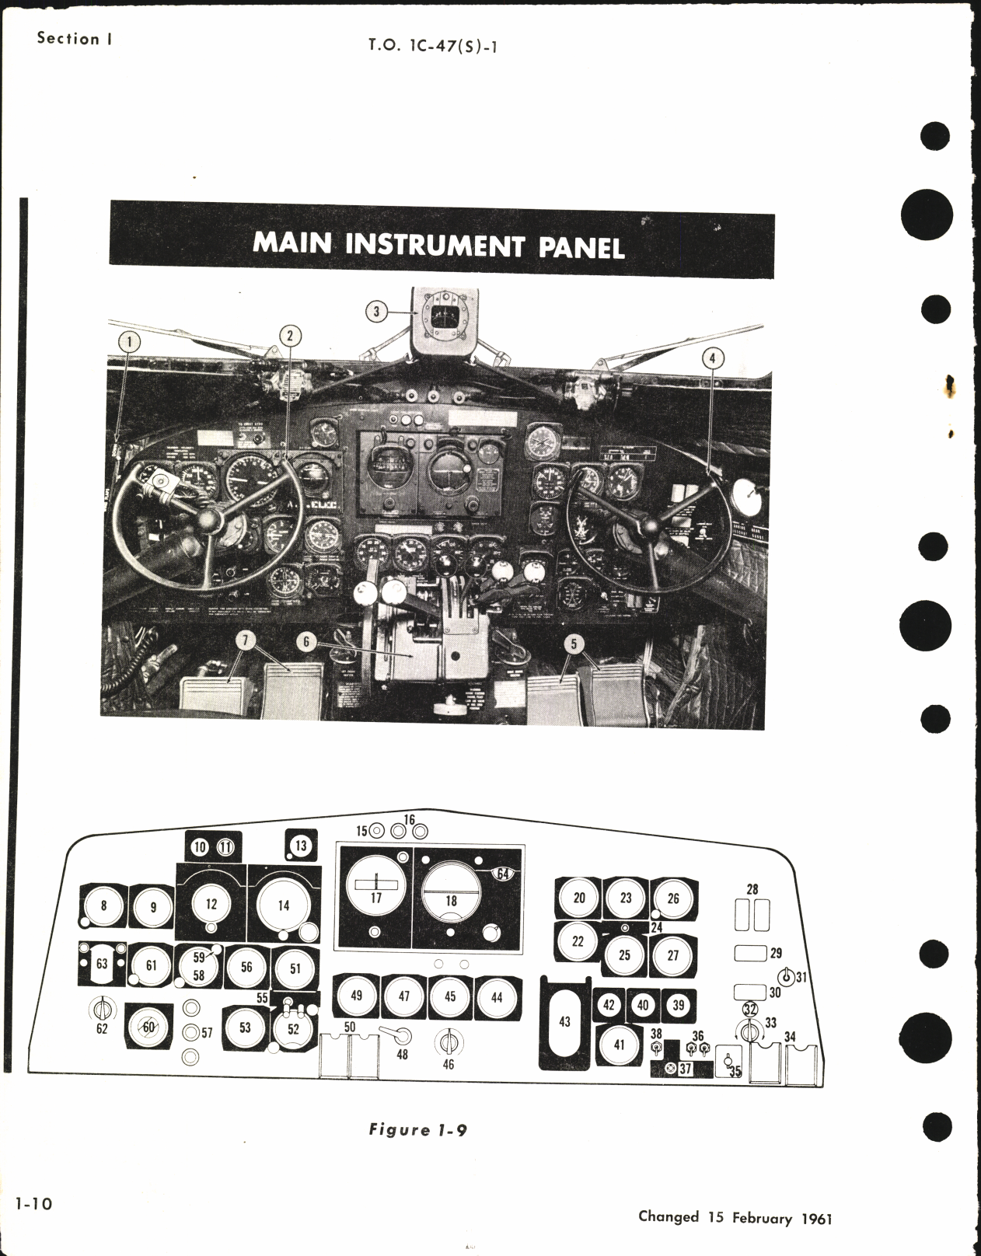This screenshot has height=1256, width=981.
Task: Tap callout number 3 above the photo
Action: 376,312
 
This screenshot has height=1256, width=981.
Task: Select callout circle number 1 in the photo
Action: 129,340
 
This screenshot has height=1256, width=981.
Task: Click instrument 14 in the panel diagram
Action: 283,905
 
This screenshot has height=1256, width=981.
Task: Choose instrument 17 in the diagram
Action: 375,898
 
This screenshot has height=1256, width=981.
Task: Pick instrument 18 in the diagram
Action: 451,901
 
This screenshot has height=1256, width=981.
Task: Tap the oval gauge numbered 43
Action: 565,1020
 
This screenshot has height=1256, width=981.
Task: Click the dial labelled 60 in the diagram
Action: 148,1027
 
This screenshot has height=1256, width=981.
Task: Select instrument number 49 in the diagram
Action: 356,996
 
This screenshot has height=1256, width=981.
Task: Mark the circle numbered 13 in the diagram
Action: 301,846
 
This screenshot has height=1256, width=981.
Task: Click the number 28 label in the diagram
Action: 752,888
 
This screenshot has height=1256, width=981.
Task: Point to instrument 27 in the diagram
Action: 673,955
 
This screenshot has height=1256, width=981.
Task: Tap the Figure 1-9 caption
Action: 417,1129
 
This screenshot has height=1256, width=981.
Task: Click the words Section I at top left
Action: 68,38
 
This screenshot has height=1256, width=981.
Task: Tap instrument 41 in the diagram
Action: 619,1045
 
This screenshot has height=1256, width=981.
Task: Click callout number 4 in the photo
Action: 713,358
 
